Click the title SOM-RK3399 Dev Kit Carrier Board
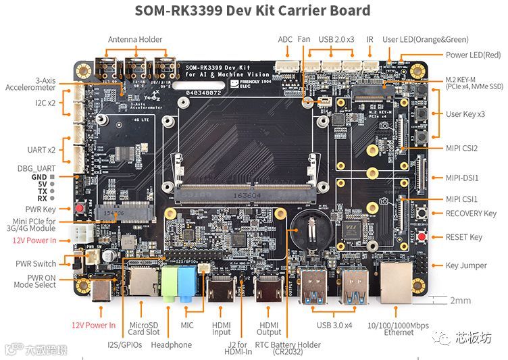tap(253, 11)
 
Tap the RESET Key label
tap(464, 237)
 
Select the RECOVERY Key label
tap(471, 213)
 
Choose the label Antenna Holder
tap(135, 39)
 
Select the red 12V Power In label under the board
tap(94, 325)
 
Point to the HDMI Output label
tap(269, 328)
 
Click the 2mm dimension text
tap(461, 301)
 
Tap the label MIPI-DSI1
tap(462, 178)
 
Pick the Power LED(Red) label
tap(473, 55)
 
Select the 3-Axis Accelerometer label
tap(30, 84)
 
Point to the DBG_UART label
tap(36, 168)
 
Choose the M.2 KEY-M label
tap(462, 80)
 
